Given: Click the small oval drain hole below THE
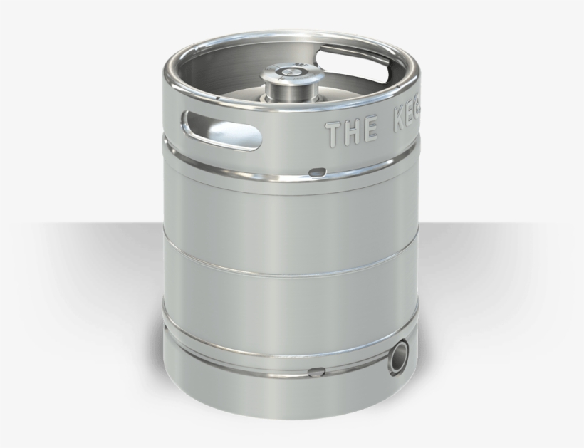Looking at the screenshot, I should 317,171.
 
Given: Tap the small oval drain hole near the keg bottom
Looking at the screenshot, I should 315,370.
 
